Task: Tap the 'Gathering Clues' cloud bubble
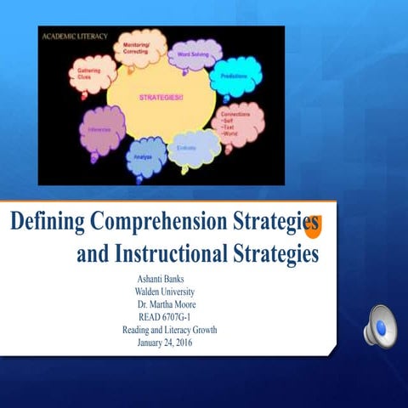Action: [91, 74]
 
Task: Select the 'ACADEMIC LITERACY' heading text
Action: [73, 34]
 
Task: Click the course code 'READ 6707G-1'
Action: [166, 318]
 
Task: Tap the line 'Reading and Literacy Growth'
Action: [170, 331]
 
